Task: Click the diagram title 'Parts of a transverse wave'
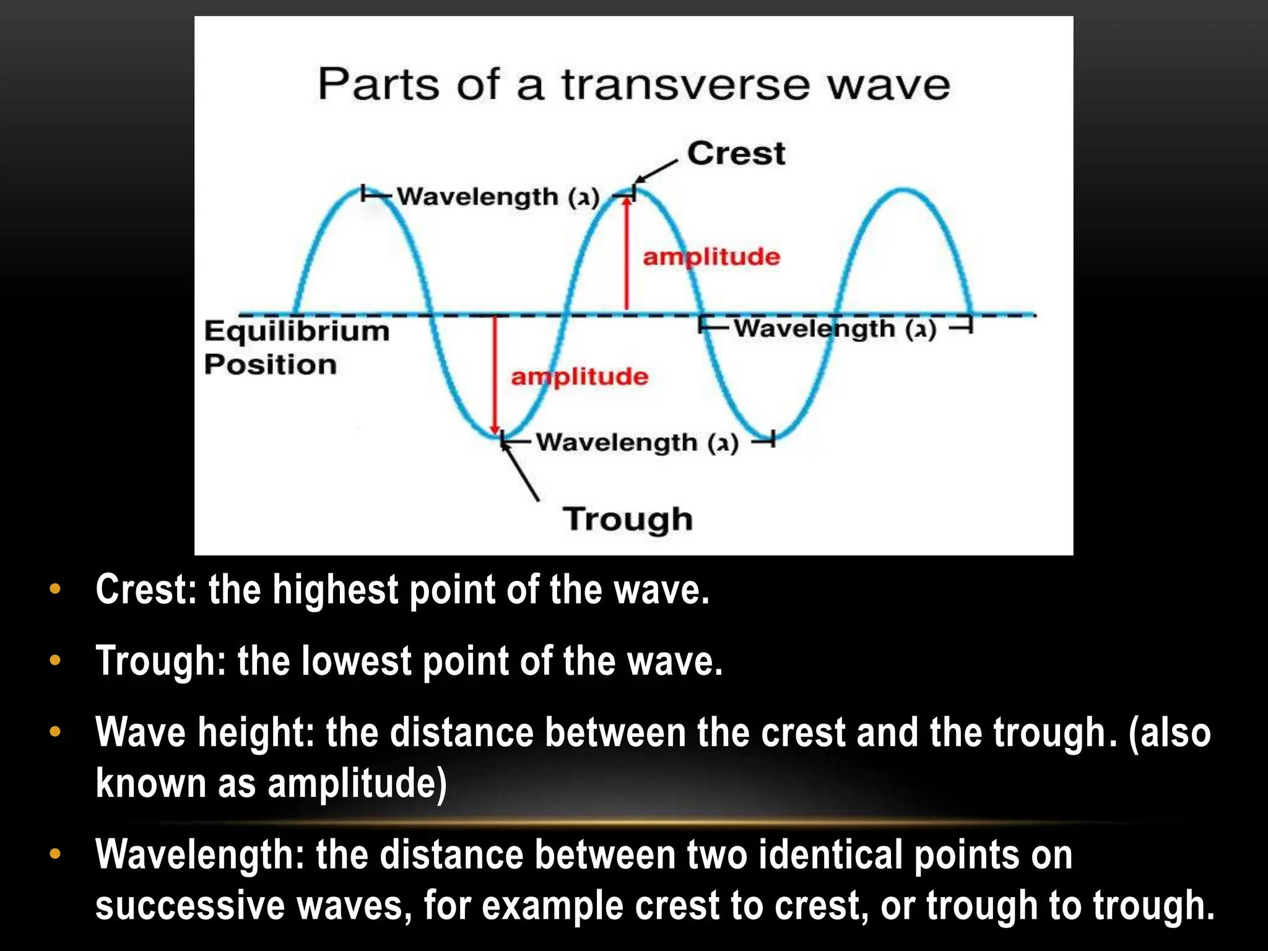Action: pyautogui.click(x=633, y=85)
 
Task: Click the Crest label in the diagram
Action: pyautogui.click(x=736, y=153)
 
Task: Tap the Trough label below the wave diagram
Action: pyautogui.click(x=627, y=519)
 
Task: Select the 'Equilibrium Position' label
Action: pyautogui.click(x=297, y=347)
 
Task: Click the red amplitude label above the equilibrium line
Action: pyautogui.click(x=711, y=256)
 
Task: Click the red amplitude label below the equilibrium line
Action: pyautogui.click(x=580, y=376)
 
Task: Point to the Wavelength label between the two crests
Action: pyautogui.click(x=498, y=197)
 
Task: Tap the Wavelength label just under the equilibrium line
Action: pyautogui.click(x=835, y=328)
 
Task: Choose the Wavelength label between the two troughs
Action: pyautogui.click(x=637, y=443)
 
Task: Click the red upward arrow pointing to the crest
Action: pyautogui.click(x=627, y=254)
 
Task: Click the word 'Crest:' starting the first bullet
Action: pyautogui.click(x=145, y=589)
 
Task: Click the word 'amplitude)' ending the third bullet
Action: pyautogui.click(x=357, y=783)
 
